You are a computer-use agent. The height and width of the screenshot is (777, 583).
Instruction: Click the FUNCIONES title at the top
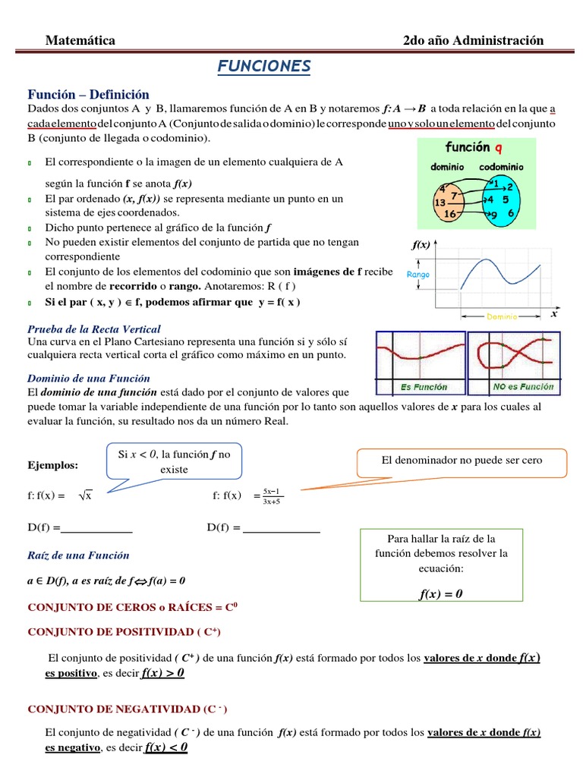click(264, 67)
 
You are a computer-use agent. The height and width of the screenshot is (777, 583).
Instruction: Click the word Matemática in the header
click(80, 40)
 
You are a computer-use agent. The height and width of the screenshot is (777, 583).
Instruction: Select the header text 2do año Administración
click(473, 40)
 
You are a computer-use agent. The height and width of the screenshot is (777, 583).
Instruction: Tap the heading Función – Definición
click(89, 94)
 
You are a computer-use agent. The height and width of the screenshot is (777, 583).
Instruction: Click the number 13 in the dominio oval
click(440, 203)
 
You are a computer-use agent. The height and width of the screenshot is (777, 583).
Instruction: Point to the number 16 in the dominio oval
click(449, 215)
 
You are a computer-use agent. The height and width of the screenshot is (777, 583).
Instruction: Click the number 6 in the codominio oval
click(511, 214)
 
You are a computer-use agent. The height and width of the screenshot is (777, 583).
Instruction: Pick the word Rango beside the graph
click(419, 275)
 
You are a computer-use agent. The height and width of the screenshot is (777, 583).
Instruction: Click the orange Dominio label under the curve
click(502, 316)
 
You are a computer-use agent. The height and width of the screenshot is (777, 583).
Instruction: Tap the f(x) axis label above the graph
click(421, 245)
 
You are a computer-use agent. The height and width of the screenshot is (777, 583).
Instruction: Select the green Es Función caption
click(424, 387)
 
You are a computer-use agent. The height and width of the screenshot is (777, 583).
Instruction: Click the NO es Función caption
click(524, 386)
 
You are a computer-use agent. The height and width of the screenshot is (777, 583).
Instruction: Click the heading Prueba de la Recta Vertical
click(94, 329)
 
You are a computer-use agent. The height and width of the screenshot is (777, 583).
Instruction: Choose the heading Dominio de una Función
click(89, 378)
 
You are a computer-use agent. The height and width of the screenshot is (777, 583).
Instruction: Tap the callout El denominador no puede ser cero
click(462, 461)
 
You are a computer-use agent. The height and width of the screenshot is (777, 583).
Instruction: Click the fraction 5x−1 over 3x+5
click(272, 495)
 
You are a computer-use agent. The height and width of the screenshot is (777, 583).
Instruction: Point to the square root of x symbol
click(84, 496)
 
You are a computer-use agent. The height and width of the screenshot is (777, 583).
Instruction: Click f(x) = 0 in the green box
click(440, 593)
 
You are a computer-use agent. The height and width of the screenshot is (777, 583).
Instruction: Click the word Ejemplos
click(53, 464)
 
